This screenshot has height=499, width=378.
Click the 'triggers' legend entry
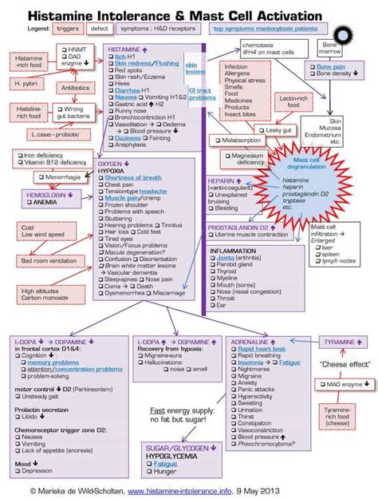coord(65,28)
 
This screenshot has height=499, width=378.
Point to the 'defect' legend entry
coord(100,28)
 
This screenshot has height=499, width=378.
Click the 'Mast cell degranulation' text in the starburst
coord(302,163)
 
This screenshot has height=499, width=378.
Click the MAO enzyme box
coord(342,385)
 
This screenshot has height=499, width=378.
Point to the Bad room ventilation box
coord(46,261)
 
